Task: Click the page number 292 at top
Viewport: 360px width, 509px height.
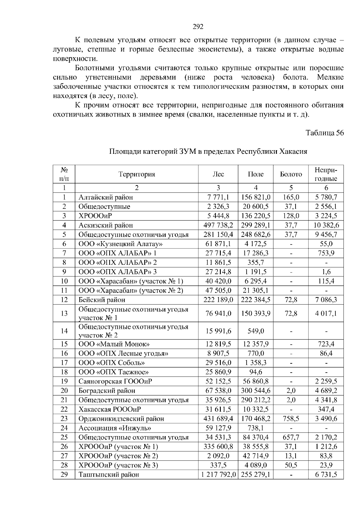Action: [198, 27]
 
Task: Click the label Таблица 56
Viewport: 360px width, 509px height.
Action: [325, 133]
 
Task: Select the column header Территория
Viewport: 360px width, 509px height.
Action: [136, 174]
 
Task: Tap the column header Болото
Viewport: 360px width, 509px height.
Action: [291, 174]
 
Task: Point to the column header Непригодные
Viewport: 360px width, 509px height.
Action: [326, 174]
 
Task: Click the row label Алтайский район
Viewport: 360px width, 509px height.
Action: [106, 197]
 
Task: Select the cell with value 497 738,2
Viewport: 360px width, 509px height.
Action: [218, 225]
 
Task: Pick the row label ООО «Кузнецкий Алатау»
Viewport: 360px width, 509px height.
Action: [121, 244]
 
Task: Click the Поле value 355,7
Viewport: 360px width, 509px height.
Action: [256, 262]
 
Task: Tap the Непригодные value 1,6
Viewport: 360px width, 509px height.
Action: [326, 272]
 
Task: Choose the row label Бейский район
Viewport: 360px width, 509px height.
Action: [102, 299]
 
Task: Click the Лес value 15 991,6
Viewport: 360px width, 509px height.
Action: [218, 331]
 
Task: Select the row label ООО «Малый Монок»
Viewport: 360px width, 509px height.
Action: [114, 344]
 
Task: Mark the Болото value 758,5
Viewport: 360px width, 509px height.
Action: [291, 418]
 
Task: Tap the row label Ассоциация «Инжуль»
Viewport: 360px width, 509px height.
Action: [115, 428]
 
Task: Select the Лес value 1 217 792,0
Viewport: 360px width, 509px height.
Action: [218, 475]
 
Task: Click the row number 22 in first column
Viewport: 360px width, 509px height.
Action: [64, 409]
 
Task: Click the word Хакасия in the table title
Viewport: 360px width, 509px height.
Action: [293, 151]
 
